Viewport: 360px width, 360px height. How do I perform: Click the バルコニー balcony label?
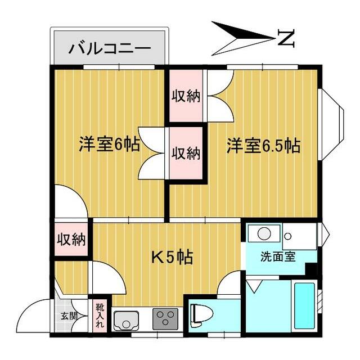point(110,48)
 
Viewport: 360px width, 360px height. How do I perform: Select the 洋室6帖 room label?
point(109,145)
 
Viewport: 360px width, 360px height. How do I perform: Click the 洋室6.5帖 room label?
point(263,146)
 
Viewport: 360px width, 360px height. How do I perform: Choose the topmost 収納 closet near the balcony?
point(186,96)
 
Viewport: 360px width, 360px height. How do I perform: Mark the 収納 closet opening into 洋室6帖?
point(186,153)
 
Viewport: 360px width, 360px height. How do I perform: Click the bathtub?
point(305,306)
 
